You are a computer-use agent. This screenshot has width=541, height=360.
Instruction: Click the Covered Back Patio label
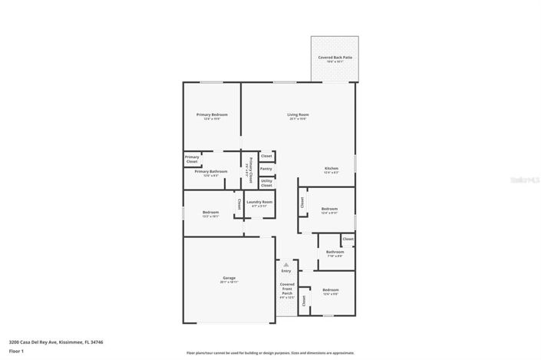coord(335,58)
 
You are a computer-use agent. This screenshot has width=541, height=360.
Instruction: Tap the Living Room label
coord(298,114)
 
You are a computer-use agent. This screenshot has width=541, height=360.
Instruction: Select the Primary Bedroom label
coord(212,114)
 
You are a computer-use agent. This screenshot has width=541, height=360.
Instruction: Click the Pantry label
coord(266,169)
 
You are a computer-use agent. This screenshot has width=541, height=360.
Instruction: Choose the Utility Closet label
coord(266,183)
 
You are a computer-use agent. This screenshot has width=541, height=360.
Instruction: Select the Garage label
coord(229,278)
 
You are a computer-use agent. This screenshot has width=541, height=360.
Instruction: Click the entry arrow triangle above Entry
coord(286,264)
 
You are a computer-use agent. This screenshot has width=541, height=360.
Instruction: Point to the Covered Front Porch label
coord(287,289)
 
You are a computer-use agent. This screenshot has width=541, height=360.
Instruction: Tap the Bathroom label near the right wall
coord(335,252)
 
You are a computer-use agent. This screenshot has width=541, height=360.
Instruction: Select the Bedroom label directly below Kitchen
coord(330,209)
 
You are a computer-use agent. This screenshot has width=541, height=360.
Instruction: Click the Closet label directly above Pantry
coord(266,156)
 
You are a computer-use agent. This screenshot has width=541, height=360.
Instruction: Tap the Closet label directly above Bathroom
coord(348,239)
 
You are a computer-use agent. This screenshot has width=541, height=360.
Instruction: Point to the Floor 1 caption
coord(17,351)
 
